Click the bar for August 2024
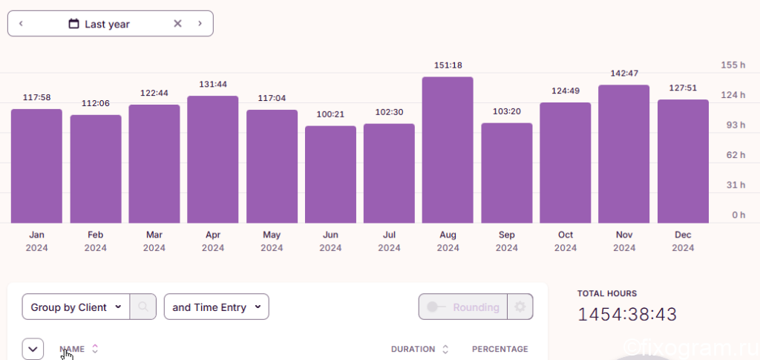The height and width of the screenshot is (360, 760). pos(448,150)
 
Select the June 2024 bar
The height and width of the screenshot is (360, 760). pos(330,174)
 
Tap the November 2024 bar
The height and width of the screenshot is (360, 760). pos(623,154)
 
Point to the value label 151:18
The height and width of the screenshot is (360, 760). pos(448,65)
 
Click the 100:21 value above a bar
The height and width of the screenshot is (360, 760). pos(330,114)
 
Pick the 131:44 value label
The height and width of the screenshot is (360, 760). pos(213,85)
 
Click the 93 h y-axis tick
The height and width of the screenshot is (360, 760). pos(733,125)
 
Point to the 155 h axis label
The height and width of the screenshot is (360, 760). pos(733,65)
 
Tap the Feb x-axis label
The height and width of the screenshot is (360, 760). pos(96,235)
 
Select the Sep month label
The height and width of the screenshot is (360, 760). pos(506,235)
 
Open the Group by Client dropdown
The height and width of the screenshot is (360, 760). pos(76,307)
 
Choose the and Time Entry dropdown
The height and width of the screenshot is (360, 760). pos(216,307)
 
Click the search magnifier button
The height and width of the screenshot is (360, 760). pos(143,307)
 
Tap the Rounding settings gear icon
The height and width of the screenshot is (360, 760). pos(520,307)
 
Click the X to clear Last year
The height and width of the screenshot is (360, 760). pos(178,23)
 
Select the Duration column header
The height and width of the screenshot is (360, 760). pos(413,349)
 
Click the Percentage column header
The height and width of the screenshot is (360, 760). pos(499,349)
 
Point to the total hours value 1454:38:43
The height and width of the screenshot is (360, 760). pos(627,315)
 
